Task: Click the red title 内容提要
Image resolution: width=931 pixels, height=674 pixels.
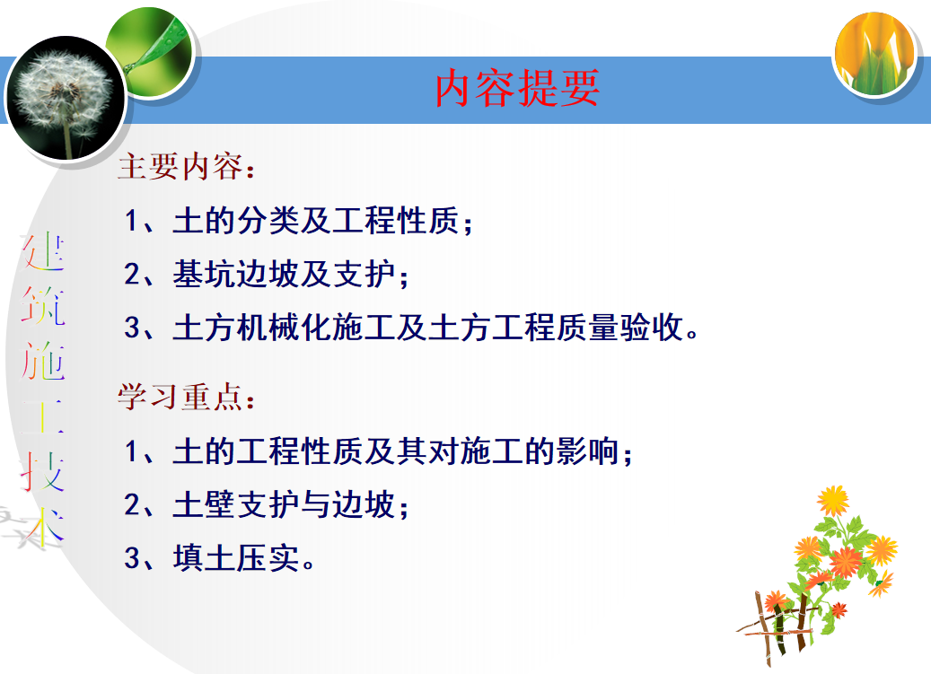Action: pos(517,89)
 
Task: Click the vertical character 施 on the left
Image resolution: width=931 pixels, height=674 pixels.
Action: pos(43,363)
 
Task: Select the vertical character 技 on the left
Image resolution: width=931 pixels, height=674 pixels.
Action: pos(43,470)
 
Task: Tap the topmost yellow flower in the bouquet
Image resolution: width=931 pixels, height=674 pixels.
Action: pos(833,500)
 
